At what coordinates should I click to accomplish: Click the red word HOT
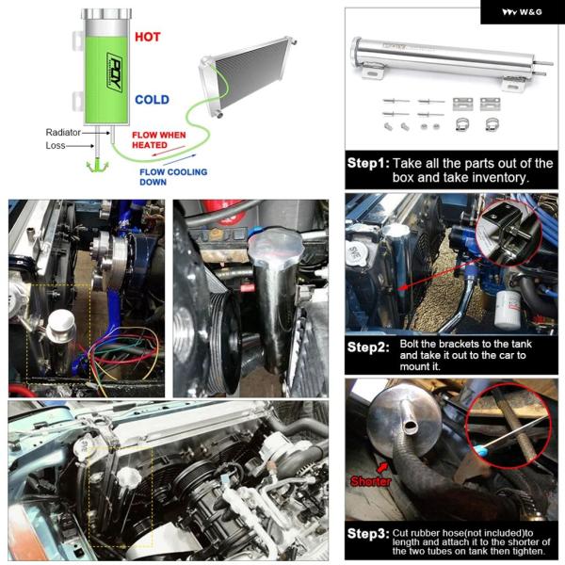tap(148, 37)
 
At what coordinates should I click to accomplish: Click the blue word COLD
tap(152, 100)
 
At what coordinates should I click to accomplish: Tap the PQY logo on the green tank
tap(115, 71)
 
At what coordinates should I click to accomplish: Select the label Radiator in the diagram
tap(63, 132)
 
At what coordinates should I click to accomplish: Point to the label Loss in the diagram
tap(56, 146)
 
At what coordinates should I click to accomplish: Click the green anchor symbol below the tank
tap(97, 167)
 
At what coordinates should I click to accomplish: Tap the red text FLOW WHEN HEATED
tap(159, 139)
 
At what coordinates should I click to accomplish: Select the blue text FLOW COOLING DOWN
tap(173, 177)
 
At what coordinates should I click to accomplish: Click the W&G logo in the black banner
tap(522, 12)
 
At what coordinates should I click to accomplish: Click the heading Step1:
tap(368, 163)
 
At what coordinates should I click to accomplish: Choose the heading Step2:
tap(368, 347)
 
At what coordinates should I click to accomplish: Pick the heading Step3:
tap(368, 534)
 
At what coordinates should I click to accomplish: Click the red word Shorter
tap(370, 481)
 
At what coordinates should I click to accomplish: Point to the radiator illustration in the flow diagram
tap(248, 75)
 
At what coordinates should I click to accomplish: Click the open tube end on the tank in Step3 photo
tap(410, 427)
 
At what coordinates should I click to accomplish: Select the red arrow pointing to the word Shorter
tap(382, 467)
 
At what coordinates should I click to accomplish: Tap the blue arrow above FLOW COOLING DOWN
tap(180, 160)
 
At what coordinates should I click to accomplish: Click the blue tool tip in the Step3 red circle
tap(479, 449)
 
